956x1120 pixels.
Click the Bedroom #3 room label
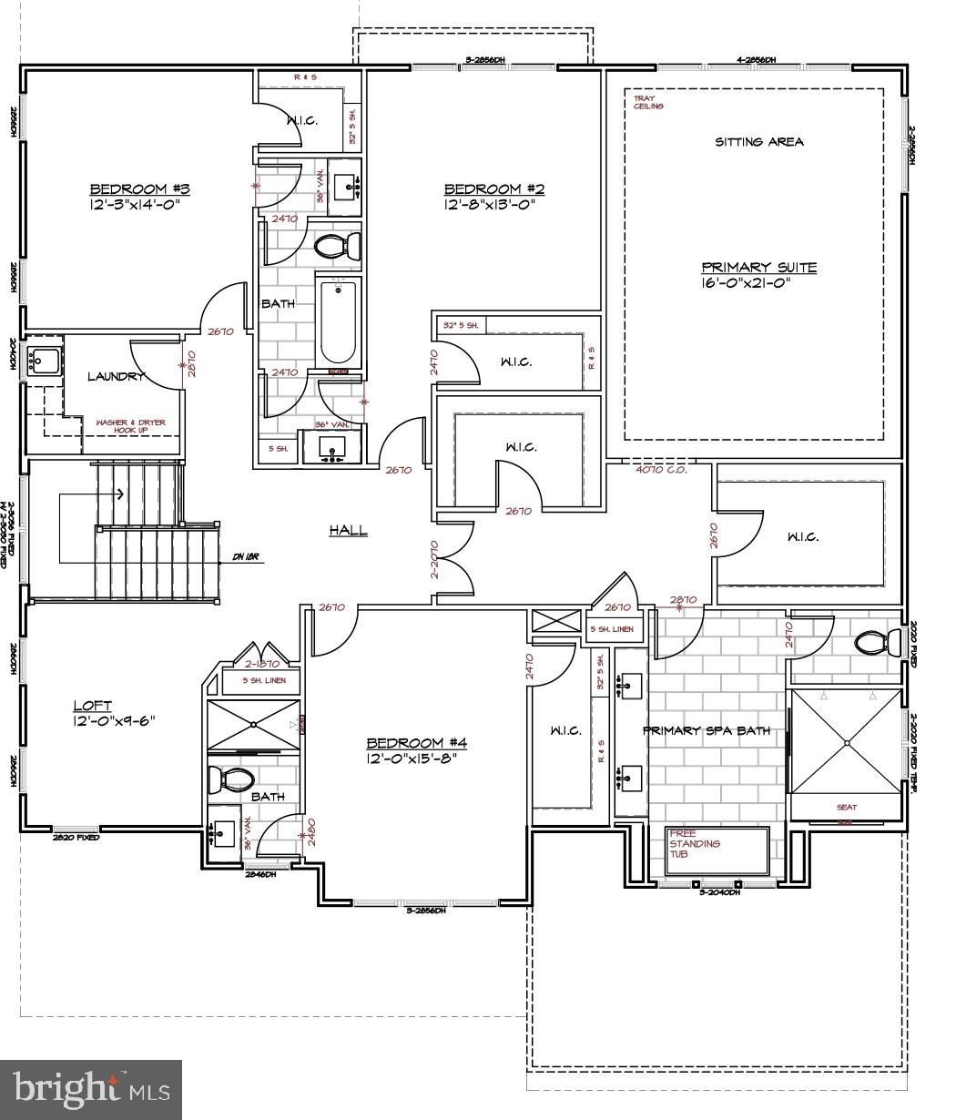(138, 189)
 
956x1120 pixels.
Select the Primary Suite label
(758, 268)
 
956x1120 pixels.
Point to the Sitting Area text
(758, 142)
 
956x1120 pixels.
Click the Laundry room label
(116, 376)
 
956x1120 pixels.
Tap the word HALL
(348, 529)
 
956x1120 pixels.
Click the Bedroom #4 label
(416, 742)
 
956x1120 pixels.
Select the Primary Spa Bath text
(706, 730)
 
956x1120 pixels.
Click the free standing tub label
(695, 843)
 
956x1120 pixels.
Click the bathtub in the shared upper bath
(338, 322)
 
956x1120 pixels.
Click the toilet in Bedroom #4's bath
(233, 779)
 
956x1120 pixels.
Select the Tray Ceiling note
(648, 102)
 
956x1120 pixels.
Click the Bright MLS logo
(91, 1089)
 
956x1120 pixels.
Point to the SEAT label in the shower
(846, 807)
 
